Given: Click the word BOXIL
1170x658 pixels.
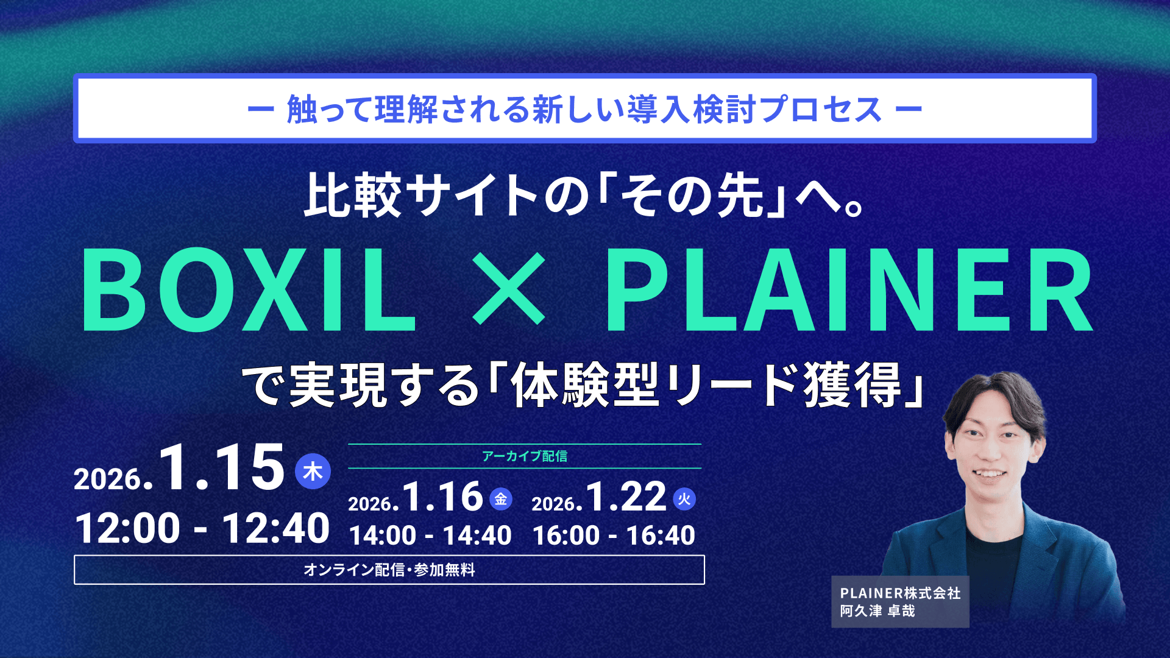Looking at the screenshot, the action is coord(249,290).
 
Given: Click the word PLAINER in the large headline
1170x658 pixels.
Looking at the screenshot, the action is coord(849,290).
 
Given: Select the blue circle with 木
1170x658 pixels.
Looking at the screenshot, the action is coord(313,471).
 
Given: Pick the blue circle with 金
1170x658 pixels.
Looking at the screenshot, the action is coord(501,499).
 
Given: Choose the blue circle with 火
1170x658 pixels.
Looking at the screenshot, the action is coord(684,499).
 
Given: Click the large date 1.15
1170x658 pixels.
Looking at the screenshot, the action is coord(222,468).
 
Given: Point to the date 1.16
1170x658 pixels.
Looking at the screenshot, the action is coord(443,497).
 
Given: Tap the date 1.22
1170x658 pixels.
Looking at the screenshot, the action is coord(626,497).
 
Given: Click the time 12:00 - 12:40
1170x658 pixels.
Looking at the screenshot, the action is coord(202,528).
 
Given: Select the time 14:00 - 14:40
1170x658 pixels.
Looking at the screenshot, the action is coord(430,536).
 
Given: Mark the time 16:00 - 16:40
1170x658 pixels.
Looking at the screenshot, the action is coord(614,536).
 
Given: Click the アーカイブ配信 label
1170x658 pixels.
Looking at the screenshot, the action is coord(525,456).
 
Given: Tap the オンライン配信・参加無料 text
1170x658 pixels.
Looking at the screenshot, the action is coord(389,570).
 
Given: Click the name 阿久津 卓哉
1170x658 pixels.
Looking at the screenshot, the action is coord(877,611).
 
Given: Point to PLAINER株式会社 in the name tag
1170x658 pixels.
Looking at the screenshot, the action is coord(901,593).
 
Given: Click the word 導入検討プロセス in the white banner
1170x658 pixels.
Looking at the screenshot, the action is coord(755,110).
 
